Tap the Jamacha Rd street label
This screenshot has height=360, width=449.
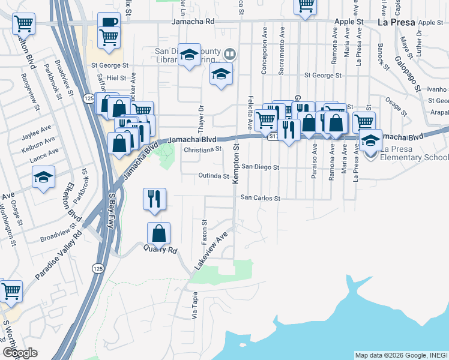[x=193, y=21]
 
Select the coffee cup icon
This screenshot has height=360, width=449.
[x=109, y=22]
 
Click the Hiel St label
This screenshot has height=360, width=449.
[x=117, y=78]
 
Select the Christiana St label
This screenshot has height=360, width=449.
[x=203, y=149]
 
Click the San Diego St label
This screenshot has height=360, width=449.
[x=261, y=167]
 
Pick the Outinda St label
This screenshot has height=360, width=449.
[x=214, y=176]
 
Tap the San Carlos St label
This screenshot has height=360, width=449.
[x=261, y=197]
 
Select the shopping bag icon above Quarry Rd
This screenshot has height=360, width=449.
[x=158, y=232]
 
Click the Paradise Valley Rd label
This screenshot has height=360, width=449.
[x=58, y=260]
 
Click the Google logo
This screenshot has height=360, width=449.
[x=20, y=353]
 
